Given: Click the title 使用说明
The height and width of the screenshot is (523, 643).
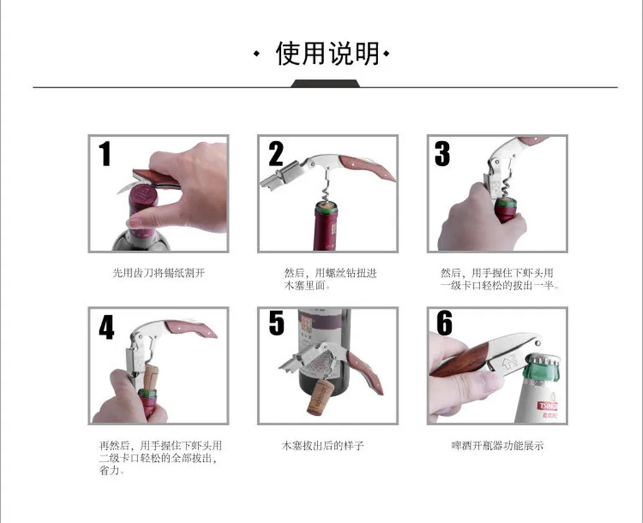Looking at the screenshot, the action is click(x=327, y=53).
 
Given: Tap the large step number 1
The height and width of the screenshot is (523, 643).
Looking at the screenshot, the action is click(x=105, y=154).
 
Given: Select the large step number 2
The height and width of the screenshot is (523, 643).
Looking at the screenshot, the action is click(x=276, y=154).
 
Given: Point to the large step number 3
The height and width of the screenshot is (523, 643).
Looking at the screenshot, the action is click(x=442, y=154).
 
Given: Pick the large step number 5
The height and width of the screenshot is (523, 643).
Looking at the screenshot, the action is click(x=276, y=323).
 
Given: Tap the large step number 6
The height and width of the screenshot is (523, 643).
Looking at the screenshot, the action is click(x=444, y=323).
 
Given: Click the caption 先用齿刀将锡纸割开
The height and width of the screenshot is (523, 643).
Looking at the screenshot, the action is click(x=159, y=273).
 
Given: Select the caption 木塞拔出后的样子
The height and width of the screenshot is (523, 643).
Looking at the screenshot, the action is click(x=323, y=445).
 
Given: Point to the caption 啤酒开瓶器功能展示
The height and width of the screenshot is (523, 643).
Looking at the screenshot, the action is click(x=498, y=445).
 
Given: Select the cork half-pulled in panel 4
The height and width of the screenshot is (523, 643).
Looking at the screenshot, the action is click(x=150, y=378).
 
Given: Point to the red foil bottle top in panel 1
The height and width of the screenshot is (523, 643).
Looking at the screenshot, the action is click(x=143, y=209).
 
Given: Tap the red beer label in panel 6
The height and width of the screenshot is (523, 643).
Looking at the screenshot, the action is click(x=548, y=406).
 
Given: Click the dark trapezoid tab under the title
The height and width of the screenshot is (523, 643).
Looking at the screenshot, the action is click(x=325, y=84).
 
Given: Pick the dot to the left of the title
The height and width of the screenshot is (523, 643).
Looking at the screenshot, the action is click(x=257, y=54).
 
